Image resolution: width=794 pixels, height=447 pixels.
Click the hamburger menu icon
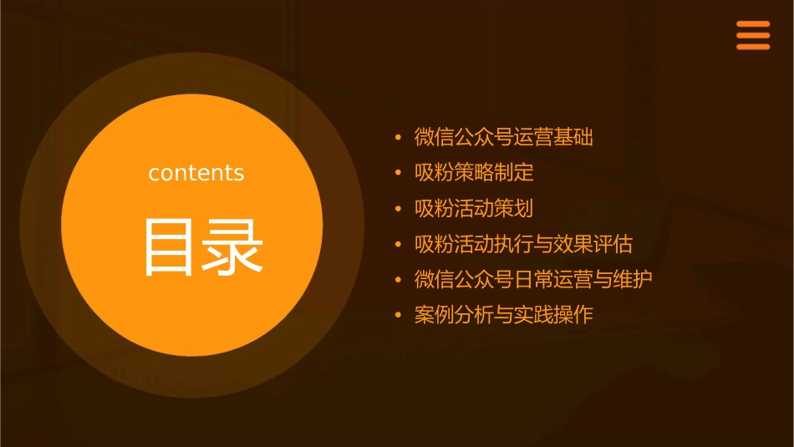point(752,35)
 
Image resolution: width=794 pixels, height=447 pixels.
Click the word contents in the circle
point(196,173)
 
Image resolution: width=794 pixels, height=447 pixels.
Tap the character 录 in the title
point(232,247)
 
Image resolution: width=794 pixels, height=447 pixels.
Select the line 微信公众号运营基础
point(503,137)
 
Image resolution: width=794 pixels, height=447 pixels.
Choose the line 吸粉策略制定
point(474,173)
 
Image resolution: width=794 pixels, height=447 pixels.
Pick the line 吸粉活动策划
point(474,208)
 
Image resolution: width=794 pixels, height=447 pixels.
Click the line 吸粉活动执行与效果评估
point(523,244)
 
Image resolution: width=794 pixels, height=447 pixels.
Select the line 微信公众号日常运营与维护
point(533,279)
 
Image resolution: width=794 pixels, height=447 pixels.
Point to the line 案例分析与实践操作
point(503,315)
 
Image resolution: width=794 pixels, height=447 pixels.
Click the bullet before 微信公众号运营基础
point(399,137)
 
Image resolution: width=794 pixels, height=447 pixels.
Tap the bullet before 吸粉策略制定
point(399,173)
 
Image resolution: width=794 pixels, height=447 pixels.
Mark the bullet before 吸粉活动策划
point(399,208)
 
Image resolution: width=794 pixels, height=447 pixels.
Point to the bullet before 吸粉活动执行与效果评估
point(399,244)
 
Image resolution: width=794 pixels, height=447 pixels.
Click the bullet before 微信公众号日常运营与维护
point(399,279)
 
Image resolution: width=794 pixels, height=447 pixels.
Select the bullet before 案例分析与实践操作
point(399,315)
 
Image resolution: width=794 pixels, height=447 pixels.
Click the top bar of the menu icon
point(752,23)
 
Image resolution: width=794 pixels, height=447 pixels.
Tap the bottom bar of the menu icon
point(752,47)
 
